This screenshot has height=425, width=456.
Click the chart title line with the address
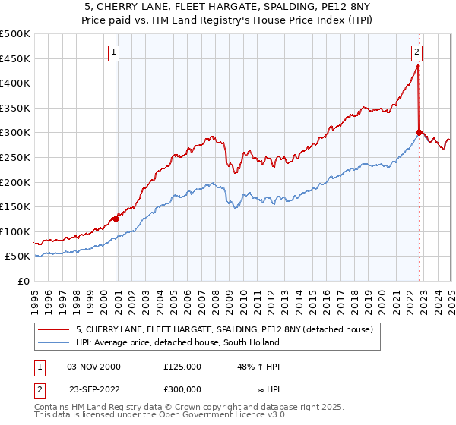coord(227,7)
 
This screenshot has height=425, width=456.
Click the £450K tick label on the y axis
coord(15,58)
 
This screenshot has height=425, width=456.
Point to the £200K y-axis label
coord(15,182)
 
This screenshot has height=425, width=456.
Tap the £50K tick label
coord(18,257)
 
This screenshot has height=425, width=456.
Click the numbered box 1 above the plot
coord(113,52)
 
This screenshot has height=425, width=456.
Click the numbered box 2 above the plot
coord(417,52)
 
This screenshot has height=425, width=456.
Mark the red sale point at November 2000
coord(116,219)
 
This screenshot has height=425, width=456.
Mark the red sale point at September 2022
coord(419,132)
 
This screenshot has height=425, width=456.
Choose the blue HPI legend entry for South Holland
coord(167,343)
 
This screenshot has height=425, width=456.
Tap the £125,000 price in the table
coord(182,367)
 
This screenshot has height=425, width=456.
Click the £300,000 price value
coord(182,389)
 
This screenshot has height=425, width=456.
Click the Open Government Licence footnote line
coord(150,417)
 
